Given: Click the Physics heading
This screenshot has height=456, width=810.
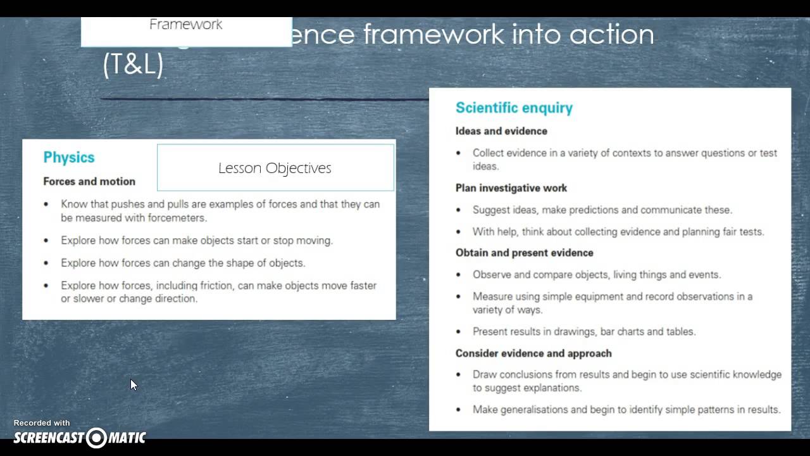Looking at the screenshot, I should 68,158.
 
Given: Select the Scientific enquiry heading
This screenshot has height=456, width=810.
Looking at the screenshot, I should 514,108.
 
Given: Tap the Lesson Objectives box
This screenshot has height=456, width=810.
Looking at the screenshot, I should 275,168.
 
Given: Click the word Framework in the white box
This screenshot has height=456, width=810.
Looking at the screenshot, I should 186,25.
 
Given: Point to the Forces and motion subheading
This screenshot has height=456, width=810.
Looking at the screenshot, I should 89,181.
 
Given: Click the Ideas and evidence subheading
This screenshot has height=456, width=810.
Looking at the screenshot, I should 501,131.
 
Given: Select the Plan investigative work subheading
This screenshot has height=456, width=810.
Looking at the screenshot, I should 511,188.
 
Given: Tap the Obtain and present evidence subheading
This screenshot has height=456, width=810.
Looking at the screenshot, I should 524,253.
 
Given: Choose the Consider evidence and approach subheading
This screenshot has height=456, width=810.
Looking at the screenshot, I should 533,353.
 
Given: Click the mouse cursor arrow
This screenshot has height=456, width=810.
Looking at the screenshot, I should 133,384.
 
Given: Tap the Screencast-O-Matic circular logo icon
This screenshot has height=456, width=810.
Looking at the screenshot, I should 97,438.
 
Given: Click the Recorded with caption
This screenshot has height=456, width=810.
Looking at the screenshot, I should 42,423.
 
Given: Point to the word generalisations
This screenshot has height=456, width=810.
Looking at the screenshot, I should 535,410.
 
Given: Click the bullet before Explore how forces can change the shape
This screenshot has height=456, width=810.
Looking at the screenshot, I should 46,263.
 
